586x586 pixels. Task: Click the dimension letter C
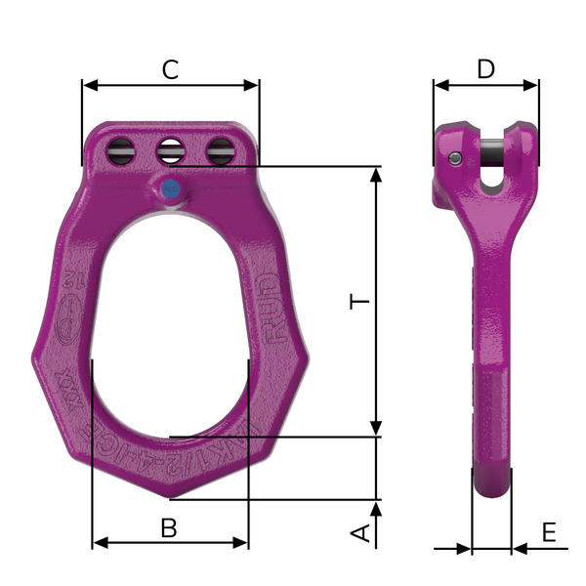[x=170, y=69]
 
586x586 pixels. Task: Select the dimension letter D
[x=485, y=69]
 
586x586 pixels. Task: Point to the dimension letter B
[x=169, y=527]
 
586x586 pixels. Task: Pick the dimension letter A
[x=360, y=532]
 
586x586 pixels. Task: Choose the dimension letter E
[x=548, y=532]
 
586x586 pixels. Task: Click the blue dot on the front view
[x=171, y=188]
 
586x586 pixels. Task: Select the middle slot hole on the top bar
[x=171, y=151]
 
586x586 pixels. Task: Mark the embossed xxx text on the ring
[x=77, y=379]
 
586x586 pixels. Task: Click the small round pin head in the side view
[x=455, y=159]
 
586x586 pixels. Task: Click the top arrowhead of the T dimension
[x=377, y=174]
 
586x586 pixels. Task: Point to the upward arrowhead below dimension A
[x=377, y=509]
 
